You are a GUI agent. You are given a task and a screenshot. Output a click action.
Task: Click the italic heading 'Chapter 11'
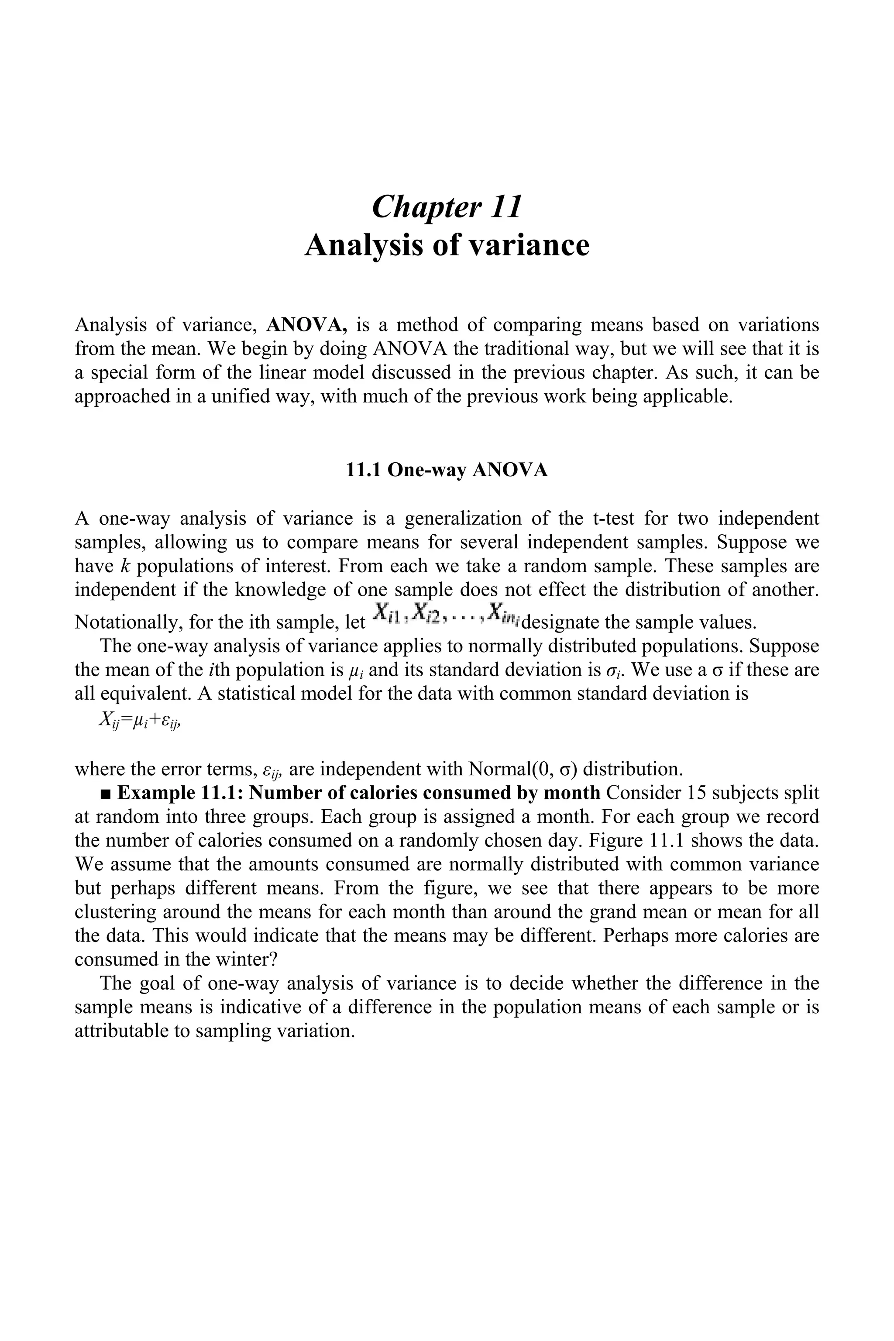coord(447,206)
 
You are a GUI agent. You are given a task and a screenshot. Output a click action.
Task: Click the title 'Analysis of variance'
coord(447,245)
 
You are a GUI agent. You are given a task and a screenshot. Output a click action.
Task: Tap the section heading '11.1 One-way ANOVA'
coord(447,471)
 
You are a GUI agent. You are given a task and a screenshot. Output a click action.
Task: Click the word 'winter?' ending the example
coord(248,959)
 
